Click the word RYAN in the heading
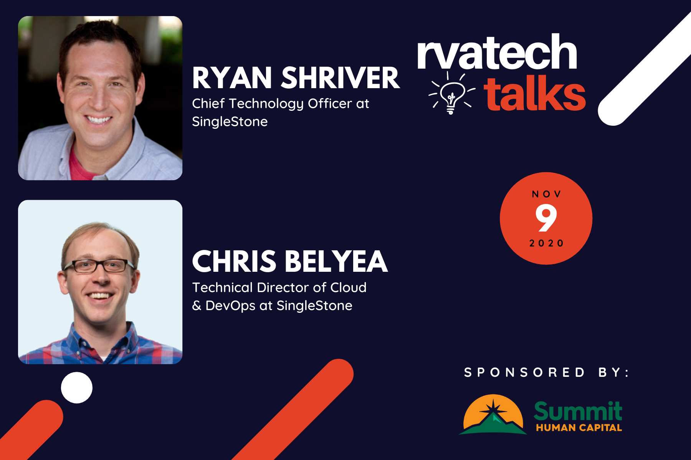click(232, 78)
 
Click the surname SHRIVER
click(341, 78)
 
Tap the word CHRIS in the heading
click(234, 261)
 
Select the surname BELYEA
click(336, 261)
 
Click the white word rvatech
click(497, 52)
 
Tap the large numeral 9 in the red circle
click(546, 218)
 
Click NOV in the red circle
click(546, 194)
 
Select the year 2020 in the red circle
click(546, 243)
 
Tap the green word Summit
click(578, 411)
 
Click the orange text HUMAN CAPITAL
click(579, 428)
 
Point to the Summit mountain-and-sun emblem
click(493, 415)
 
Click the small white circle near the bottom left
click(77, 388)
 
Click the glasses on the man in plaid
click(99, 266)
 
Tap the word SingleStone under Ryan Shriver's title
click(230, 122)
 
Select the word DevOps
click(230, 306)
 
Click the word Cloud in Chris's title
click(349, 287)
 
